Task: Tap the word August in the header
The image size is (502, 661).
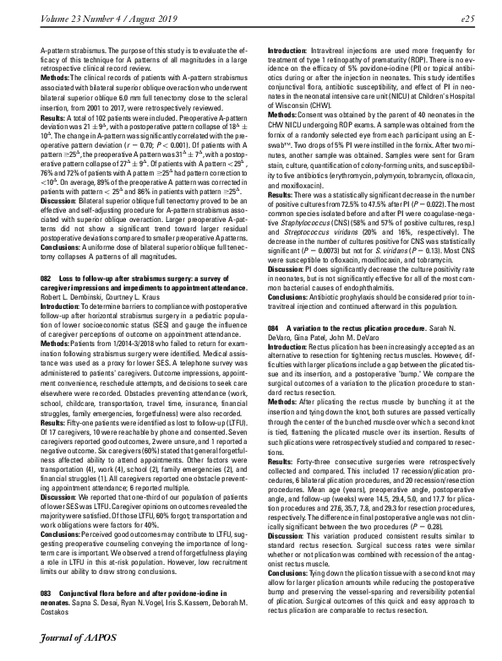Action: (140, 14)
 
